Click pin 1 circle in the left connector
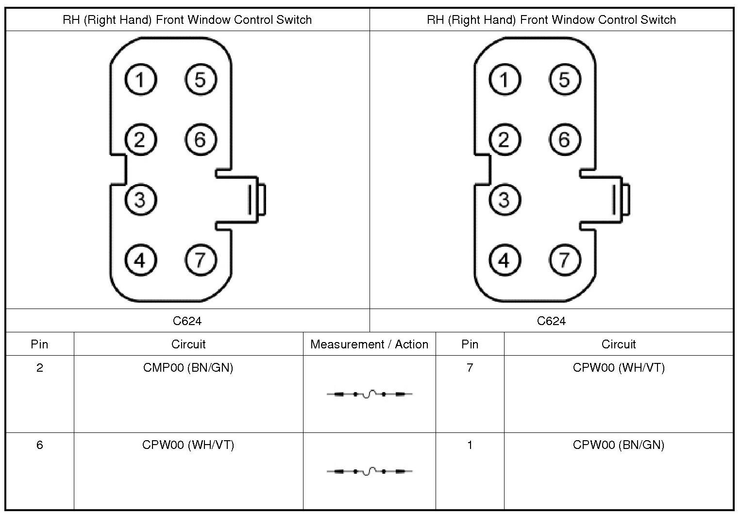click(x=140, y=80)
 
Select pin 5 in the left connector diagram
click(x=201, y=80)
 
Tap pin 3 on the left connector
click(x=140, y=200)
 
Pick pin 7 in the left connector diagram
click(x=201, y=260)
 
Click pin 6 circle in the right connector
click(x=564, y=140)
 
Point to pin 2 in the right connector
click(x=505, y=140)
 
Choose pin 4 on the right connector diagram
click(x=505, y=260)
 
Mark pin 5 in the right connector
click(x=564, y=80)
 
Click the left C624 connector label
click(x=187, y=321)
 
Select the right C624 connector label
click(x=551, y=321)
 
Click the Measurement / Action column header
click(x=369, y=344)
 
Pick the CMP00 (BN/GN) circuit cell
click(x=188, y=368)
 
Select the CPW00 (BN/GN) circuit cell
click(x=618, y=445)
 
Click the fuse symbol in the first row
click(x=369, y=394)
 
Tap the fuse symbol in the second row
click(x=369, y=471)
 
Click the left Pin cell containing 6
click(x=40, y=445)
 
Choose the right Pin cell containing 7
click(x=470, y=368)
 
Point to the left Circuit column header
click(x=188, y=344)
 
